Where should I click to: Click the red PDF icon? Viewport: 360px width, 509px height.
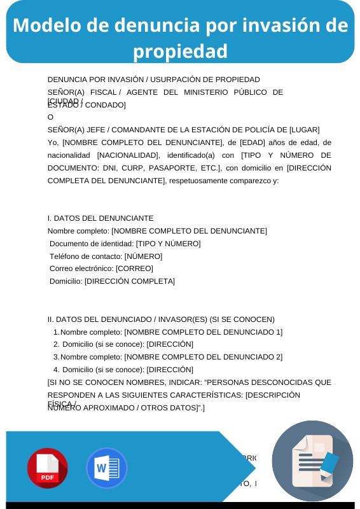(47, 468)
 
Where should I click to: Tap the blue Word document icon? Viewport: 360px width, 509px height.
(106, 468)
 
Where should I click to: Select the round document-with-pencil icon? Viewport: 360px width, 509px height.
(312, 460)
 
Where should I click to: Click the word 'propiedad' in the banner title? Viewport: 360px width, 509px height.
(181, 50)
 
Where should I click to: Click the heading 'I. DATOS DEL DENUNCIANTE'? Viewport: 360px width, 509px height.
(100, 218)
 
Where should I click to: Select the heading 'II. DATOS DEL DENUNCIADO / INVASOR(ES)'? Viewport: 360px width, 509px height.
(127, 319)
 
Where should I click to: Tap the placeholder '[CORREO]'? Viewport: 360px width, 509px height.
(134, 268)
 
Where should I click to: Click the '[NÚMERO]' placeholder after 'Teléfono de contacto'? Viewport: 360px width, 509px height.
(143, 256)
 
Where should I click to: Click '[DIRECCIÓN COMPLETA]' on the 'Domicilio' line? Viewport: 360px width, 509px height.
(130, 281)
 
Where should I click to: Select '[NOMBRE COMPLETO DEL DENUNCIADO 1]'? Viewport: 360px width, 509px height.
(203, 332)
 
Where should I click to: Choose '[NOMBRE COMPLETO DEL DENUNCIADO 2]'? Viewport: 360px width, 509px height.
(203, 357)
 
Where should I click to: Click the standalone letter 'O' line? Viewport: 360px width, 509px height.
(51, 117)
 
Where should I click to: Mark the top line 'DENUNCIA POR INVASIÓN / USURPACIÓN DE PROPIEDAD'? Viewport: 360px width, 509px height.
(154, 80)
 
